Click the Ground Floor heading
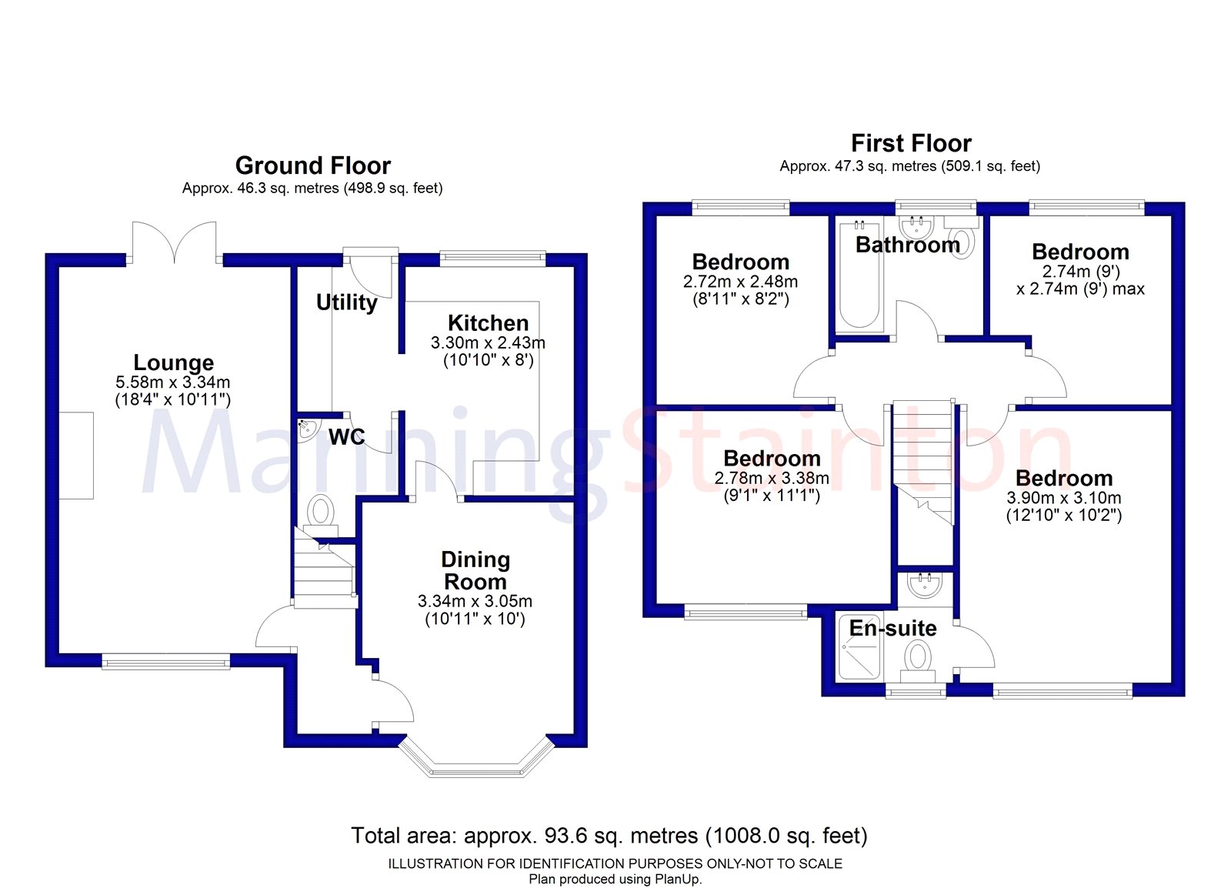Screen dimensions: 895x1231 click(312, 165)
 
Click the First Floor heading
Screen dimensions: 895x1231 click(911, 143)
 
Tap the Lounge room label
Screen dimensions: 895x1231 click(174, 362)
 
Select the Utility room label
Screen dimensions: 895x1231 click(346, 302)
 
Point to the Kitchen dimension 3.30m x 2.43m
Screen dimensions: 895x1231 click(488, 342)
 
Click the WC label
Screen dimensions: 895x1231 click(346, 437)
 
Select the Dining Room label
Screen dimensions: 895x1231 click(475, 570)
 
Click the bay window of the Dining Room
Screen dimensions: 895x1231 click(476, 762)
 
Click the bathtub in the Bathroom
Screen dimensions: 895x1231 click(859, 275)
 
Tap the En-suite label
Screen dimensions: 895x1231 click(892, 628)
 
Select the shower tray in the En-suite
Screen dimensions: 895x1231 click(859, 647)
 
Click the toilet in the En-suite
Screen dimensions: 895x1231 click(917, 659)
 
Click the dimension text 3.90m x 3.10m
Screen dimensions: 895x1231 click(1063, 498)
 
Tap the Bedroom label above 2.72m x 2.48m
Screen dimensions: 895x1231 click(740, 262)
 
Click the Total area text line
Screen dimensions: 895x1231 click(609, 836)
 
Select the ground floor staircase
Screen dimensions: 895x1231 click(324, 573)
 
